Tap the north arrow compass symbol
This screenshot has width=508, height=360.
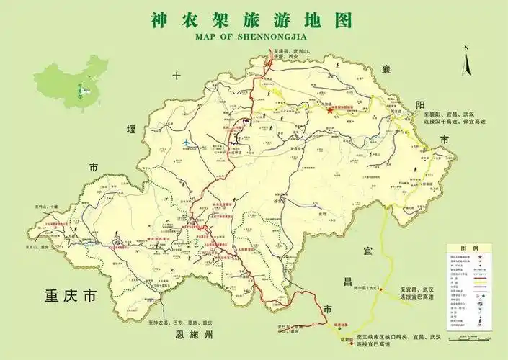[467, 60]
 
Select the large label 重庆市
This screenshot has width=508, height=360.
[69, 296]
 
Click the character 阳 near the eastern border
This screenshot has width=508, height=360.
[420, 105]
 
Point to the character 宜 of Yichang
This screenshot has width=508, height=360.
[367, 249]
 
